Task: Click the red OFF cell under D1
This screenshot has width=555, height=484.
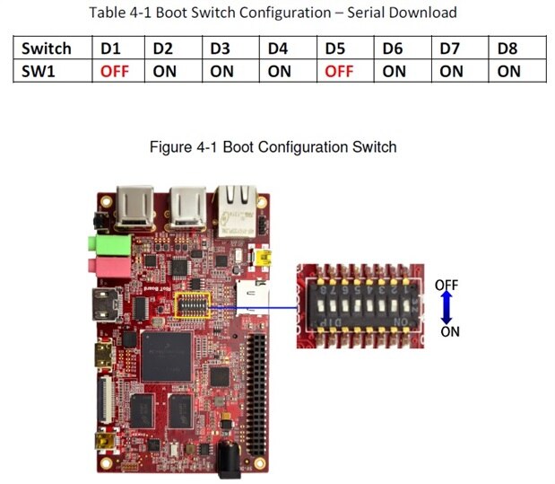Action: tap(114, 71)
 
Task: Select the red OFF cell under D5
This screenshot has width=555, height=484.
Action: tap(338, 71)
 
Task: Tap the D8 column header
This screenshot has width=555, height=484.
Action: tap(507, 48)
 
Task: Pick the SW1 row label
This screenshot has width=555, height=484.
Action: tap(39, 71)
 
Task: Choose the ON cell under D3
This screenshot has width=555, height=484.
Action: tap(222, 71)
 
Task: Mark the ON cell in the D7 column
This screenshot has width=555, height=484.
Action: tap(451, 71)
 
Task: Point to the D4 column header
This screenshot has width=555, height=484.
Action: tap(279, 48)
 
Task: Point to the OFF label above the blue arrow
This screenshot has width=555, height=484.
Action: tap(447, 285)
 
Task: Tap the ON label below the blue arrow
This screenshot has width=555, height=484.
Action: tap(450, 331)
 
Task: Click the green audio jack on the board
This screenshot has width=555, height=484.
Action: tap(101, 243)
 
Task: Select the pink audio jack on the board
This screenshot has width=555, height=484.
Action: tap(101, 266)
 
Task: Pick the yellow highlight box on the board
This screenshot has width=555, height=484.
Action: tap(194, 305)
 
